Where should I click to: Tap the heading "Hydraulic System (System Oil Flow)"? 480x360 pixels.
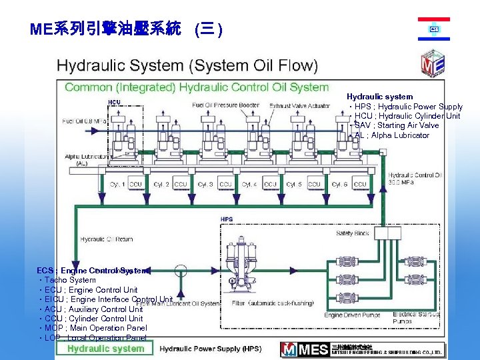point(187,66)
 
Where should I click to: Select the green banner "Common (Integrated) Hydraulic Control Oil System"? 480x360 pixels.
point(197,87)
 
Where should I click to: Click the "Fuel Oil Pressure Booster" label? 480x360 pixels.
point(225,105)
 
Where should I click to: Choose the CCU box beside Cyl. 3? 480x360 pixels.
point(225,184)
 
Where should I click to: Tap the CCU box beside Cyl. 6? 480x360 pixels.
point(360,184)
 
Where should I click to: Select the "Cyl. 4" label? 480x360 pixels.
point(249,184)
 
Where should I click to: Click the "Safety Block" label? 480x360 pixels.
point(353,233)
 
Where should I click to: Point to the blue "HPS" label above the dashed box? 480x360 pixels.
point(227,219)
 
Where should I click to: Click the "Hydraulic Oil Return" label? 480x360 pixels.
point(107,239)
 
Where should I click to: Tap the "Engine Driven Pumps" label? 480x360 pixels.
point(352,315)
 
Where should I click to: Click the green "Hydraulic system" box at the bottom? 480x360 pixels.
point(105,348)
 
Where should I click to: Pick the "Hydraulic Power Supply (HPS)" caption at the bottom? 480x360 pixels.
point(210,349)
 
